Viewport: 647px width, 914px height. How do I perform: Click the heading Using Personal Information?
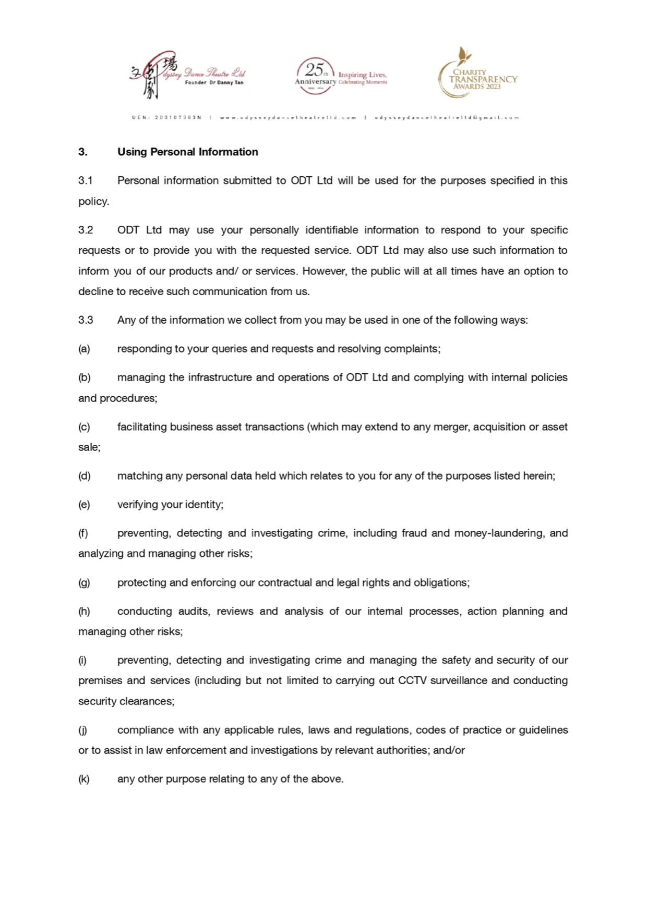(x=187, y=152)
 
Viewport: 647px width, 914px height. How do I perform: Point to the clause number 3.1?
(x=86, y=180)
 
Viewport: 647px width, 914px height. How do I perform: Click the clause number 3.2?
(x=86, y=230)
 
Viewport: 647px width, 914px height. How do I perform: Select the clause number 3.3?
(x=86, y=320)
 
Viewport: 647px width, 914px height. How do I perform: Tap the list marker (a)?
(x=84, y=349)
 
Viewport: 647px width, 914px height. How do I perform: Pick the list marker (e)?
(x=84, y=505)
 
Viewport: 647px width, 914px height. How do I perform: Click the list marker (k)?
(x=84, y=779)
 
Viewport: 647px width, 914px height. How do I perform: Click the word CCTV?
(x=412, y=681)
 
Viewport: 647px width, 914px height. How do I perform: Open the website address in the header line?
(x=288, y=118)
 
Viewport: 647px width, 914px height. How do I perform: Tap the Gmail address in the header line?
(x=447, y=118)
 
